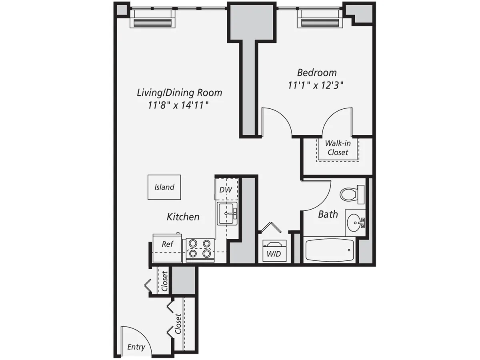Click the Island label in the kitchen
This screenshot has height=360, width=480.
164,187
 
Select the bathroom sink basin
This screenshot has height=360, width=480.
354,222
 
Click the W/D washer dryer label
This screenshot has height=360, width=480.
273,254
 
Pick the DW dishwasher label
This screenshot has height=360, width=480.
226,189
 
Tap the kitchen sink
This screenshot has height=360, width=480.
227,213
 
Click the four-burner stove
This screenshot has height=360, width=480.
200,248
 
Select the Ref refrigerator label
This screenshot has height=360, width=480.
167,244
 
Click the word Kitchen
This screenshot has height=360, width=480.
183,217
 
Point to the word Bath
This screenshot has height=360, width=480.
328,214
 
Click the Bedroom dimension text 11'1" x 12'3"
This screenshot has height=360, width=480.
316,85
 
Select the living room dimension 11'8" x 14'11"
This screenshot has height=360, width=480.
179,105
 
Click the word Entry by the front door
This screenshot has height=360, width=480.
136,347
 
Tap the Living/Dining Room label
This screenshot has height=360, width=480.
179,93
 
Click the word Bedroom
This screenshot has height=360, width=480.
317,73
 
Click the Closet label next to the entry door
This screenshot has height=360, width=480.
178,324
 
